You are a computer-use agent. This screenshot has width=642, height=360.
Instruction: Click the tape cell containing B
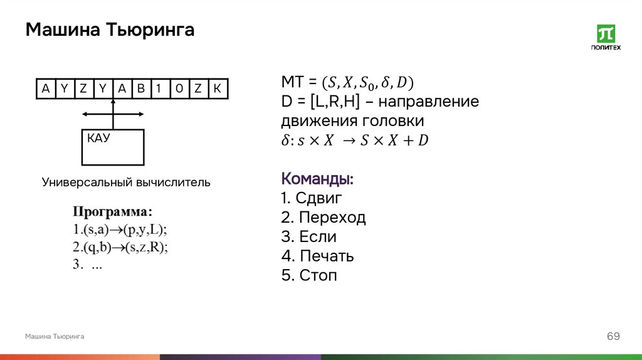(x=141, y=89)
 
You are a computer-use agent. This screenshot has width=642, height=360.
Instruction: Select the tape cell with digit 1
(x=160, y=89)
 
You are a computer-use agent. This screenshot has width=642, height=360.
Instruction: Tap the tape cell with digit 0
(x=179, y=89)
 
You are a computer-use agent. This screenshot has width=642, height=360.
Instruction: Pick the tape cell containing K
(x=217, y=89)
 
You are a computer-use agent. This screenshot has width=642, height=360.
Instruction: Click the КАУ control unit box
(x=113, y=147)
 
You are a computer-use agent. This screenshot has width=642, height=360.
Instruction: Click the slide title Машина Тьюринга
(x=110, y=29)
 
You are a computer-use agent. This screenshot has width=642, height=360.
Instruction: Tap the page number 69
(x=613, y=337)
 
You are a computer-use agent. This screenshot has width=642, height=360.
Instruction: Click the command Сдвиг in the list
(x=312, y=199)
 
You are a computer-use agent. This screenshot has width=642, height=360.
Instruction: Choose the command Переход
(x=324, y=218)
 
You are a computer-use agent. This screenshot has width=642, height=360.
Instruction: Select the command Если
(x=309, y=237)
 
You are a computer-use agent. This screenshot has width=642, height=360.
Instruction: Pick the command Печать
(x=318, y=256)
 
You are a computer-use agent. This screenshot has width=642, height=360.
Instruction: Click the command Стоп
(x=309, y=275)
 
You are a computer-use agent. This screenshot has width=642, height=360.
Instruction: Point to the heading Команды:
(x=318, y=179)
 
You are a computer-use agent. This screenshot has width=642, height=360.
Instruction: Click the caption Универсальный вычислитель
(x=126, y=183)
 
